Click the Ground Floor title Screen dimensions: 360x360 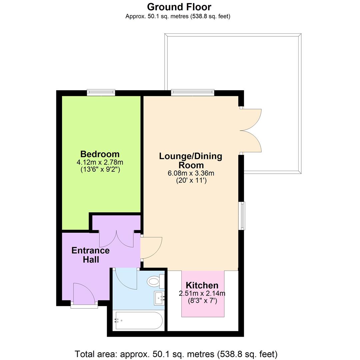pos(179,7)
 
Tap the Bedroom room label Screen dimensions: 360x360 pos(100,154)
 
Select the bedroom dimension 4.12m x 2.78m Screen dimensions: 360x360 pos(100,162)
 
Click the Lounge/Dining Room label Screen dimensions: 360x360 pos(191,160)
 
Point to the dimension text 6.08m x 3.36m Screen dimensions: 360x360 pos(191,173)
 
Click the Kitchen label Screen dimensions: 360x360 pos(202,285)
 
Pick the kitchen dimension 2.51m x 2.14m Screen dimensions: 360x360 pos(202,294)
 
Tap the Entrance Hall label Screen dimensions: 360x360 pos(90,255)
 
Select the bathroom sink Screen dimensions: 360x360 pos(159,298)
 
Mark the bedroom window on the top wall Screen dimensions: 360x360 pos(101,92)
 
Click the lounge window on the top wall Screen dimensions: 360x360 pos(192,92)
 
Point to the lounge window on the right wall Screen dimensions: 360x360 pos(242,215)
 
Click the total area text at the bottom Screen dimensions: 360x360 pos(176,354)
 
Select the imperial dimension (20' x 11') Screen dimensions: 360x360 pos(191,181)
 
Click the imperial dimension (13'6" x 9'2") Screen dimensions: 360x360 pos(100,169)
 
